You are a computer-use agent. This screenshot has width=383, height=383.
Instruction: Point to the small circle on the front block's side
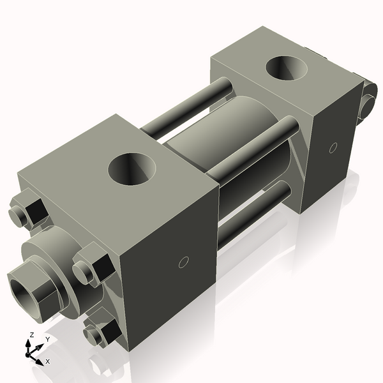183,262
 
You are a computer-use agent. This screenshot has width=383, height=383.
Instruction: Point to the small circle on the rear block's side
333,147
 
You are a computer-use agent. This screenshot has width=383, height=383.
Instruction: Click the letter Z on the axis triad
32,334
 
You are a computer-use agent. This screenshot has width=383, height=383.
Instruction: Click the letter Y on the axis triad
48,339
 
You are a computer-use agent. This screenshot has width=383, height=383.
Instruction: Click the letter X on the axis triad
48,361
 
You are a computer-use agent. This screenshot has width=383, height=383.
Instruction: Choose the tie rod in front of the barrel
255,150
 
